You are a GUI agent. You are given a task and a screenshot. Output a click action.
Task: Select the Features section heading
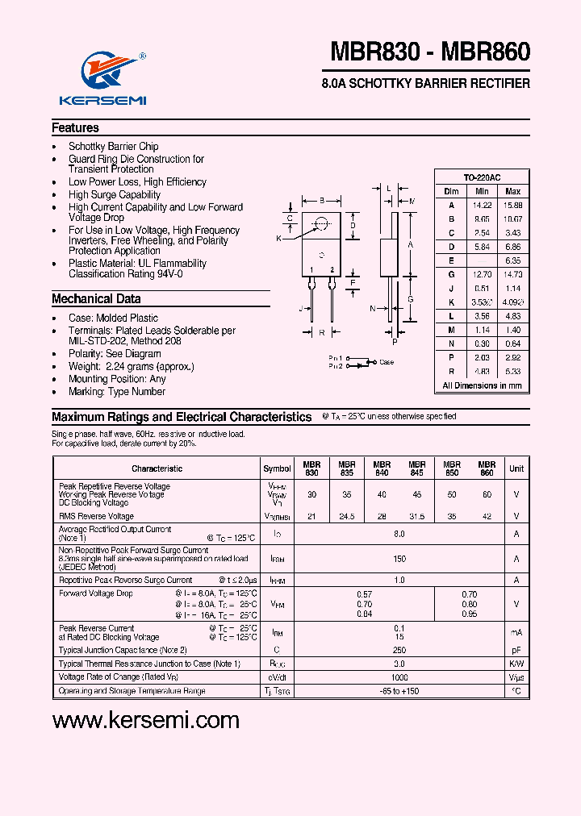point(75,127)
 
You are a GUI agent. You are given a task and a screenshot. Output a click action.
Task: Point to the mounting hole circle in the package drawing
point(321,224)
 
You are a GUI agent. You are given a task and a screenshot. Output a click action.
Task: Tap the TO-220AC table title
point(482,177)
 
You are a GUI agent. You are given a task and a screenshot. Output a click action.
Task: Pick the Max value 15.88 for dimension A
point(512,205)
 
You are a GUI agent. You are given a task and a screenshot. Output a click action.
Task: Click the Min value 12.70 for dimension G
point(483,275)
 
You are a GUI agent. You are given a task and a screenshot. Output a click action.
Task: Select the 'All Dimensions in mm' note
point(482,385)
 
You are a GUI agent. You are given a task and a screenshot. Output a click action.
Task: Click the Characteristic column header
point(157,468)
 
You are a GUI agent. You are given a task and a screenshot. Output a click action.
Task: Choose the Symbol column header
point(277,468)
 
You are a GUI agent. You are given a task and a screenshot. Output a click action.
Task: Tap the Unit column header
point(516,468)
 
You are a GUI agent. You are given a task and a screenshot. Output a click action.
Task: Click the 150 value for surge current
point(399,558)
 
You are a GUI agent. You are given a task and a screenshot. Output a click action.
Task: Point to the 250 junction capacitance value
point(399,649)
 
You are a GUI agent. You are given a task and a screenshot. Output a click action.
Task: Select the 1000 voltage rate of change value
point(399,677)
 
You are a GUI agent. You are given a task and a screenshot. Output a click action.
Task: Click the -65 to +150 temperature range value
point(399,691)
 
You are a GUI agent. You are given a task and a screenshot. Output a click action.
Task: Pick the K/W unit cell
point(516,664)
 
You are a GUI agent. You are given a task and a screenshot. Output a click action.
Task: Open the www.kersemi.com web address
point(146,720)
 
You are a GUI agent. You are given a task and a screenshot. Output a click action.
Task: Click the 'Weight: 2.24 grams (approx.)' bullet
point(132,367)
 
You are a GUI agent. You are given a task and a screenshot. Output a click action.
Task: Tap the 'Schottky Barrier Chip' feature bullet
point(114,147)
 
